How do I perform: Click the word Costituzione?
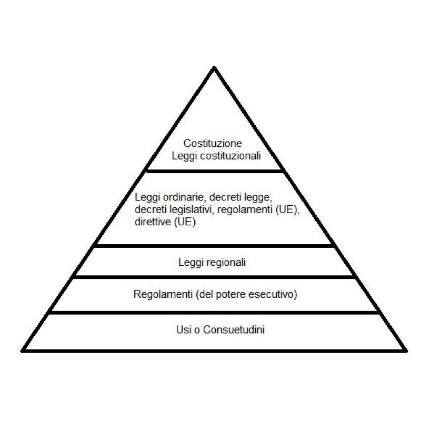(213, 143)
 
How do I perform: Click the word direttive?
(152, 222)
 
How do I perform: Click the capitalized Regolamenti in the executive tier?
(163, 294)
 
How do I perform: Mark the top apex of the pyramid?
(214, 67)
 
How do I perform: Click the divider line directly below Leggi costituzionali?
(215, 171)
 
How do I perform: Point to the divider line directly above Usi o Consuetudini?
(215, 313)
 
